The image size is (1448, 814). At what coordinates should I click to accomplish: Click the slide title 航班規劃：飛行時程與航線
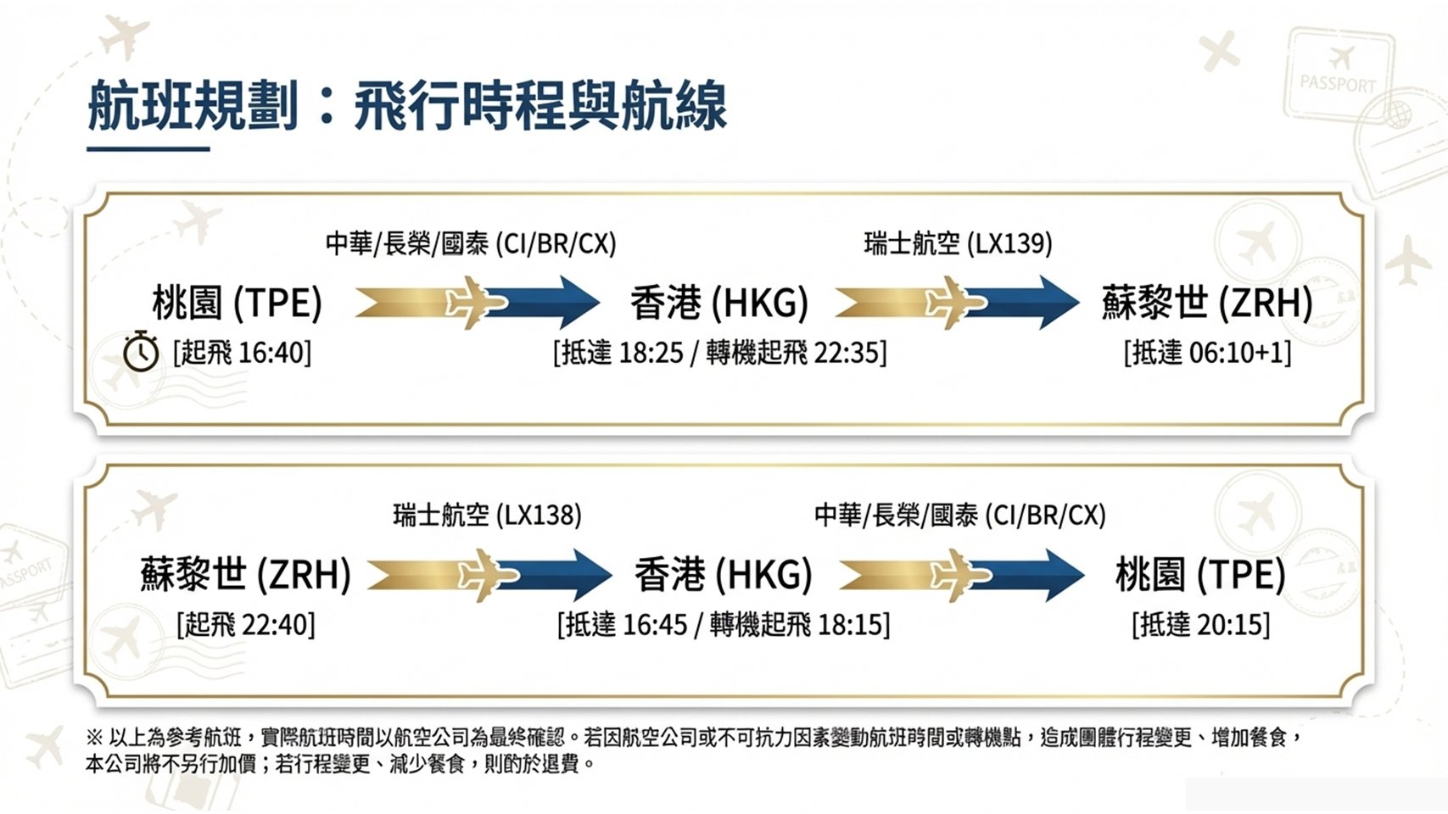click(406, 107)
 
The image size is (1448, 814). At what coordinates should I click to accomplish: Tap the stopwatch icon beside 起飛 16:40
click(141, 352)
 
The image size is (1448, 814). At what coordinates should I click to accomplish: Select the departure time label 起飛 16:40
click(243, 353)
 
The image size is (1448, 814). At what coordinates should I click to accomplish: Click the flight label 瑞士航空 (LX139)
click(958, 244)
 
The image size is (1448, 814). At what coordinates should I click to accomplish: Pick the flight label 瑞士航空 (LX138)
click(487, 516)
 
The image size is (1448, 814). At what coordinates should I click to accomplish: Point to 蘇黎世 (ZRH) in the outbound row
click(1206, 303)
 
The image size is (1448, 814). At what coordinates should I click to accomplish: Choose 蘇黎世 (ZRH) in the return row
click(245, 575)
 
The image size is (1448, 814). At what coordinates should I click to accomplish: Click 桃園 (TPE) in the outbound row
click(237, 303)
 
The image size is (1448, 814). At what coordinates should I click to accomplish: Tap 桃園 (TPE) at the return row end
click(1199, 575)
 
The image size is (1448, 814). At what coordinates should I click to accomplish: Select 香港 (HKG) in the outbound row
click(718, 303)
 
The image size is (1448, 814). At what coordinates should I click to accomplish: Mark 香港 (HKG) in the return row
click(723, 575)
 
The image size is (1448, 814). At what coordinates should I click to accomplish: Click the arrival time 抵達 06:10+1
click(1207, 353)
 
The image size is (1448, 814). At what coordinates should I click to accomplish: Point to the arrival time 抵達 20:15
click(1200, 625)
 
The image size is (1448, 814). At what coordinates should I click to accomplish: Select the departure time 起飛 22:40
click(246, 625)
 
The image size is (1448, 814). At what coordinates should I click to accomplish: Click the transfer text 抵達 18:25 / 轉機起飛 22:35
click(719, 353)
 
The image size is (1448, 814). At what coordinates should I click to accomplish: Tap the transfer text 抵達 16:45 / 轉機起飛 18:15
click(724, 625)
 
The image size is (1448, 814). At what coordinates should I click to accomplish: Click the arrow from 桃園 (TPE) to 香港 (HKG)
click(477, 302)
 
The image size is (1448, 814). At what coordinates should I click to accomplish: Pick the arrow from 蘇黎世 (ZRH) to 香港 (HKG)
click(489, 575)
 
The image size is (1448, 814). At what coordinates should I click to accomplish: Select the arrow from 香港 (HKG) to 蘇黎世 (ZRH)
click(957, 302)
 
